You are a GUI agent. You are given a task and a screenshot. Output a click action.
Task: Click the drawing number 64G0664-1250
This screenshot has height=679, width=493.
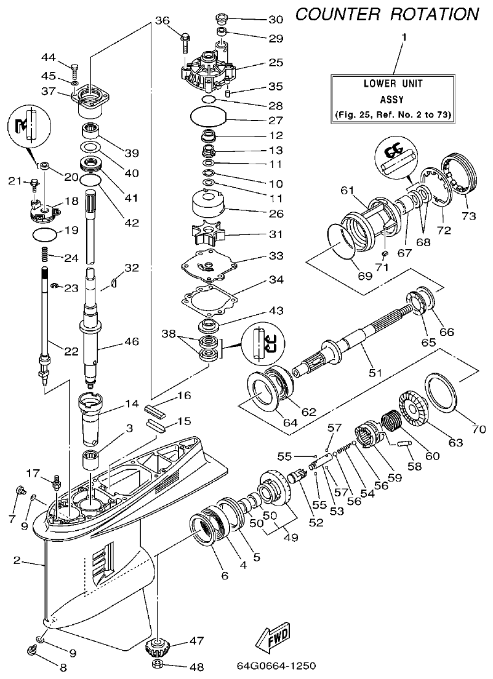tap(276, 665)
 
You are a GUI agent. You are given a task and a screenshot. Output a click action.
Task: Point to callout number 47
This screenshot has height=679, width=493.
tap(196, 641)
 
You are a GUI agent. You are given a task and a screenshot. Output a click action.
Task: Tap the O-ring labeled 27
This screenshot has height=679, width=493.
tap(208, 115)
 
